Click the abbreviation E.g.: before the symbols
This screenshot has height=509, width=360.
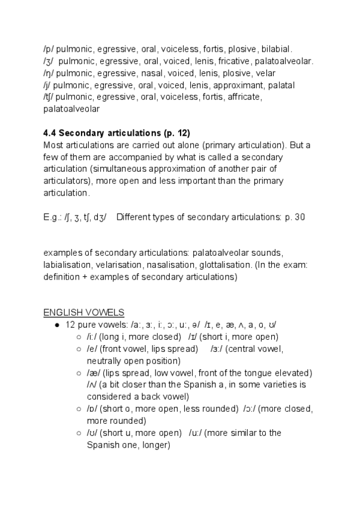coord(53,217)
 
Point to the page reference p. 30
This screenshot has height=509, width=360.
coord(293,217)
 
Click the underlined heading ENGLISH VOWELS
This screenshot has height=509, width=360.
coord(83,312)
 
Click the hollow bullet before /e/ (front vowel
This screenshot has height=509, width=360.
coord(79,349)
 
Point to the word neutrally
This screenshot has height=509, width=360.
coord(107,361)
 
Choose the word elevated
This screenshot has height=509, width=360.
coord(292,373)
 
